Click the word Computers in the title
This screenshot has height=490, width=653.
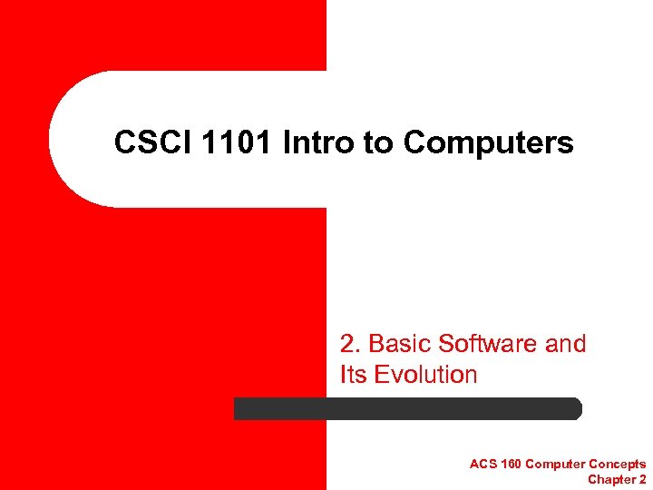pyautogui.click(x=489, y=142)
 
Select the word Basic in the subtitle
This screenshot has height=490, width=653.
pyautogui.click(x=398, y=344)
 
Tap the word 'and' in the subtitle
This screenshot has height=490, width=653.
pyautogui.click(x=566, y=344)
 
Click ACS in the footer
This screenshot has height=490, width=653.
pyautogui.click(x=482, y=465)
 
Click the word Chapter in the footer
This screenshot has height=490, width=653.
pyautogui.click(x=611, y=479)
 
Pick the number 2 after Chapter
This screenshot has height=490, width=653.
pyautogui.click(x=642, y=479)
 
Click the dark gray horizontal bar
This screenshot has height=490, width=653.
pyautogui.click(x=408, y=409)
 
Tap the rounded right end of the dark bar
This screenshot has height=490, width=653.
pyautogui.click(x=574, y=409)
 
